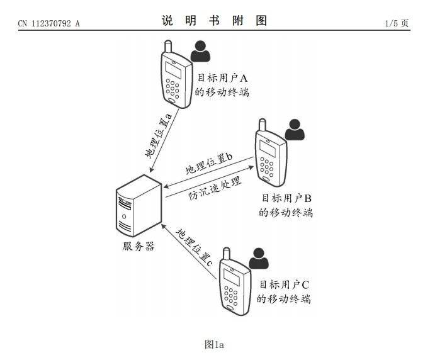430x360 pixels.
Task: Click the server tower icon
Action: pos(139,206)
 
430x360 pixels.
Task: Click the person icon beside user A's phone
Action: pos(200,51)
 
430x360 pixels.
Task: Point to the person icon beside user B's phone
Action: pos(295,130)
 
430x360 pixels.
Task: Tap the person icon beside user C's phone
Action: pos(259,258)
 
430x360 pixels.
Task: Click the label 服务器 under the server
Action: pos(139,246)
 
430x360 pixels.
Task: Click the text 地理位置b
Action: pos(209,164)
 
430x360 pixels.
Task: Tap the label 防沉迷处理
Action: pos(215,188)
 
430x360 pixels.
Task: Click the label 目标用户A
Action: pos(222,78)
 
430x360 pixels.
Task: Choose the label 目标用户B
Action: pos(286,198)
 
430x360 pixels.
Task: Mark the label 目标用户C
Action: pos(285,284)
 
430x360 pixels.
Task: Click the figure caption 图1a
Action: pos(214,344)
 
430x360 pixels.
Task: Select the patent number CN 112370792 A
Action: pos(49,23)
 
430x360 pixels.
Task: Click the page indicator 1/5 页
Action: pos(397,23)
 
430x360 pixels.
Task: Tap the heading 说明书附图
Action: pos(214,21)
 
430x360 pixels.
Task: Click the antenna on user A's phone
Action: pos(168,47)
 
